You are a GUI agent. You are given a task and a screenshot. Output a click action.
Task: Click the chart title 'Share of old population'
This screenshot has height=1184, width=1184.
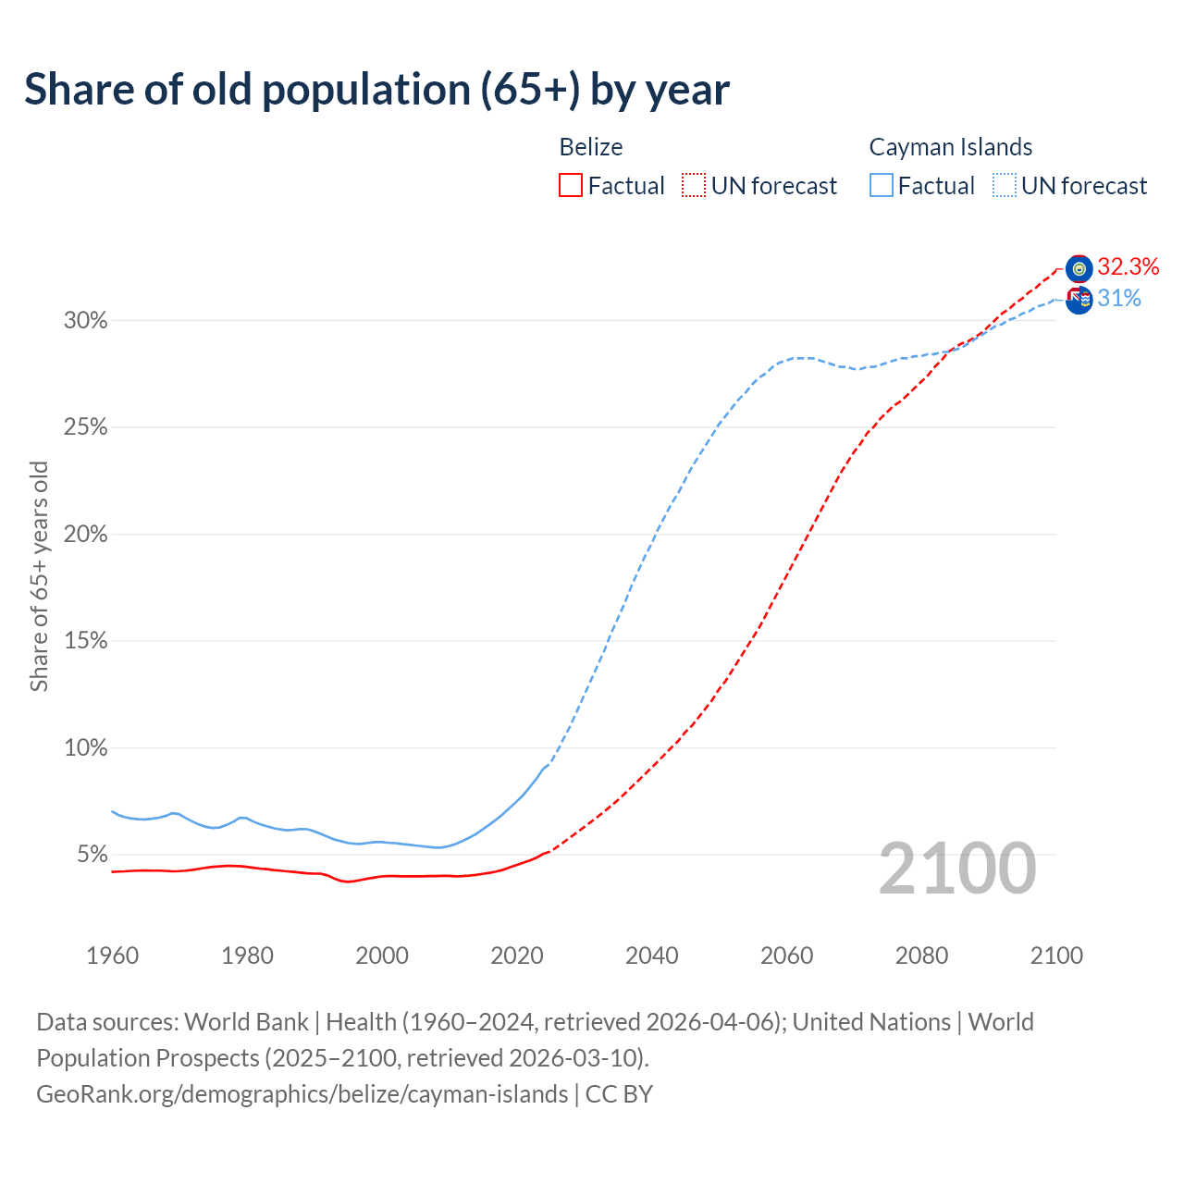[x=376, y=90]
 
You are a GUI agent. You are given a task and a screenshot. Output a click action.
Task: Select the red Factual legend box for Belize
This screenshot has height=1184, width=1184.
[x=571, y=186]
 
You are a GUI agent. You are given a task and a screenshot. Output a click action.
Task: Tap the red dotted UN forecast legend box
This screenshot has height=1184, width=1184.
[x=694, y=186]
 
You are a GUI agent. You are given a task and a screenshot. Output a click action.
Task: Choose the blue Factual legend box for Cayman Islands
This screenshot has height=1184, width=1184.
[x=882, y=186]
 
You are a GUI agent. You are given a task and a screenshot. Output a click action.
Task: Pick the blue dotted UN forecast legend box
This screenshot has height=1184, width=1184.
[x=1005, y=186]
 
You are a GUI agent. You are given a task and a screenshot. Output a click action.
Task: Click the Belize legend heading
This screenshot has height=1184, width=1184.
[x=591, y=147]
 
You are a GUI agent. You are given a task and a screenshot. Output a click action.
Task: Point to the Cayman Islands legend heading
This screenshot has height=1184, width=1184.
[x=950, y=147]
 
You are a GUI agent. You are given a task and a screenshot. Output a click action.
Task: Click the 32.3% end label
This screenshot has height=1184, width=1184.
[x=1128, y=267]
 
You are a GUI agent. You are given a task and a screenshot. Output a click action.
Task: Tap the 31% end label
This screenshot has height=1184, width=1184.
[x=1119, y=299]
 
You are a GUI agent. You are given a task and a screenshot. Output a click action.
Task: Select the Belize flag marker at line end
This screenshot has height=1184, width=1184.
[x=1079, y=268]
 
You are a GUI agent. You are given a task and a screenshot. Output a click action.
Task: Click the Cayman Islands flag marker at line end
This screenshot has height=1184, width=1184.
[x=1079, y=300]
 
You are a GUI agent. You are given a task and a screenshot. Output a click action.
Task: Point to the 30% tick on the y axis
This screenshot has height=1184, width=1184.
[x=85, y=321]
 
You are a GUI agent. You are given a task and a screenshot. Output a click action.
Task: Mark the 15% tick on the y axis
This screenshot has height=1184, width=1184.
[x=85, y=641]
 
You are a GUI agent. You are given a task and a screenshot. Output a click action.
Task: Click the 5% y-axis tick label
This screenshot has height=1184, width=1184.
[x=92, y=855]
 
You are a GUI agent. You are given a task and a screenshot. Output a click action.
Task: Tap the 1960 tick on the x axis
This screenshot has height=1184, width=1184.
[x=112, y=956]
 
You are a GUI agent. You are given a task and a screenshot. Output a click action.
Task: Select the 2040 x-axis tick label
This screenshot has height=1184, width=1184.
[x=651, y=956]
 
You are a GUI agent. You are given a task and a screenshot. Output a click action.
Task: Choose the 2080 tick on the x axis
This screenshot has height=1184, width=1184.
[x=921, y=956]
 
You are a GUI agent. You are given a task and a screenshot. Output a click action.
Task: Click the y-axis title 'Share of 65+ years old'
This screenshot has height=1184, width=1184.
[x=39, y=576]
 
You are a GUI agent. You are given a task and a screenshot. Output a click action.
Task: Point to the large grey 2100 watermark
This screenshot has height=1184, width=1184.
[x=957, y=869]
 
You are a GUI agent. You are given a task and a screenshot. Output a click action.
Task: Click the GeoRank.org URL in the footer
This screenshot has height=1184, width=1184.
[x=302, y=1094]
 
